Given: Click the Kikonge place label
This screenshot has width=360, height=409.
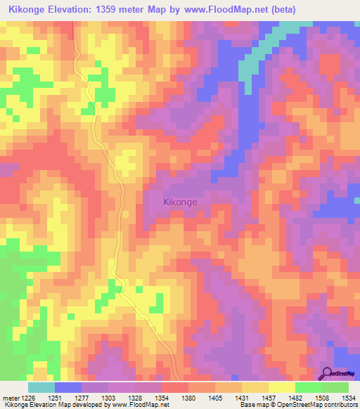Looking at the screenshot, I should pyautogui.click(x=180, y=202).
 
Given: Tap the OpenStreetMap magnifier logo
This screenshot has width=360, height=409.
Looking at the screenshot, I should pyautogui.click(x=328, y=374).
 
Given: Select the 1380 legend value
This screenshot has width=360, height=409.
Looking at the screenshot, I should pyautogui.click(x=188, y=397).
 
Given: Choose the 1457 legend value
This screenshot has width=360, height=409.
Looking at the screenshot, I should pyautogui.click(x=269, y=397).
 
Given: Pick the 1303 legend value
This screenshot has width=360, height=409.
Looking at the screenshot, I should pyautogui.click(x=108, y=397).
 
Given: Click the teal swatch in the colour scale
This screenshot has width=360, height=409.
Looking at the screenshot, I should pyautogui.click(x=41, y=387).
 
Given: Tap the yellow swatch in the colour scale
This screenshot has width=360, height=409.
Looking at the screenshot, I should pyautogui.click(x=281, y=387).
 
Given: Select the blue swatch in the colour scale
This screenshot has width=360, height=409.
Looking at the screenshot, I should pyautogui.click(x=67, y=387).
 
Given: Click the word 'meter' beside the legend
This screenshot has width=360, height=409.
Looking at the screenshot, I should pyautogui.click(x=8, y=397).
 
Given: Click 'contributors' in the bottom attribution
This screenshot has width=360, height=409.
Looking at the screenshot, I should pyautogui.click(x=340, y=405).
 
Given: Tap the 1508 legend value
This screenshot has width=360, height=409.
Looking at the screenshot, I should pyautogui.click(x=322, y=397).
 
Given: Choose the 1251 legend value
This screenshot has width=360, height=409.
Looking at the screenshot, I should pyautogui.click(x=55, y=397).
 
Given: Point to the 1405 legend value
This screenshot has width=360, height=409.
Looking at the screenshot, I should pyautogui.click(x=215, y=397).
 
